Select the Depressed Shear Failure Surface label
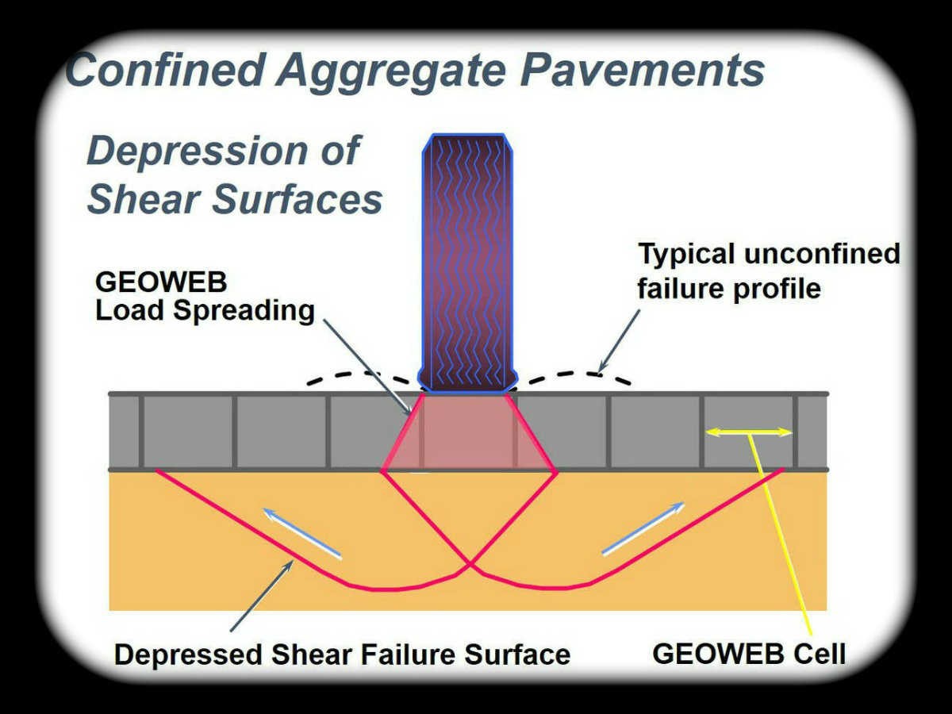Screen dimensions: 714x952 pos(342,654)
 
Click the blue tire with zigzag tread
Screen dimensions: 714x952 pos(466,263)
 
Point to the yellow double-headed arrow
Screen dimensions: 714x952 pos(749,432)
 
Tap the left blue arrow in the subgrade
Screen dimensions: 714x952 pos(302,533)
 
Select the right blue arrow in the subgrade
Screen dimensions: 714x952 pos(643,528)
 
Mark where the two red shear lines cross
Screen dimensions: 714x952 pos(470,564)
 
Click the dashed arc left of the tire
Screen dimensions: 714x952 pos(361,374)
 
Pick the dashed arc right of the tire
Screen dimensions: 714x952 pos(575,374)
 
